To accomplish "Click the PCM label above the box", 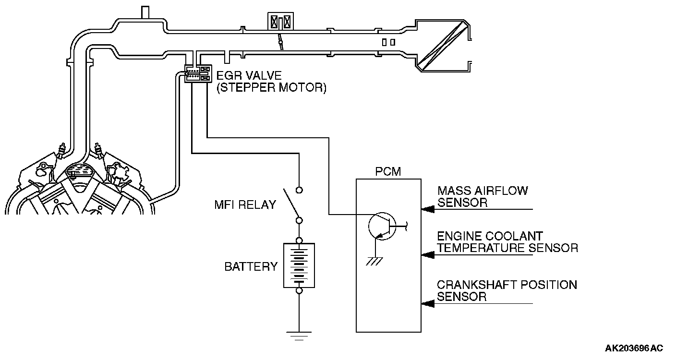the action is [x=388, y=171].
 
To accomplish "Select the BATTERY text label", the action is [x=251, y=267].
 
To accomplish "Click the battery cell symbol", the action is [x=299, y=265].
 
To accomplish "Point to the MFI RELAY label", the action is [x=245, y=205].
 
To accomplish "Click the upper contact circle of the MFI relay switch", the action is [x=299, y=190].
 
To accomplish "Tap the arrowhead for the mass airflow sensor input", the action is [x=428, y=209].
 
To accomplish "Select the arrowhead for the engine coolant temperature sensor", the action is [x=428, y=255].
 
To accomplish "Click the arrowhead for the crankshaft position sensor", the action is [x=428, y=303].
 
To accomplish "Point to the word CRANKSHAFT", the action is [x=477, y=285].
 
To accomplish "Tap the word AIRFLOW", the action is [x=501, y=191].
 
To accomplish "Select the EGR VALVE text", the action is [x=249, y=75].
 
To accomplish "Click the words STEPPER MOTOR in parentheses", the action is [x=272, y=88].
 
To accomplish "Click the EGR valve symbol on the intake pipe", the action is [x=198, y=73].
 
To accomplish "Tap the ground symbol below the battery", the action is [x=299, y=336].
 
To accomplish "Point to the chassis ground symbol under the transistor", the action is [x=374, y=261].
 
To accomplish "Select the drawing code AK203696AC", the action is [x=634, y=348].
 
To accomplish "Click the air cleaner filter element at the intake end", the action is [x=443, y=46].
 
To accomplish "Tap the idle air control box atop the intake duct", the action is [x=280, y=22].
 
